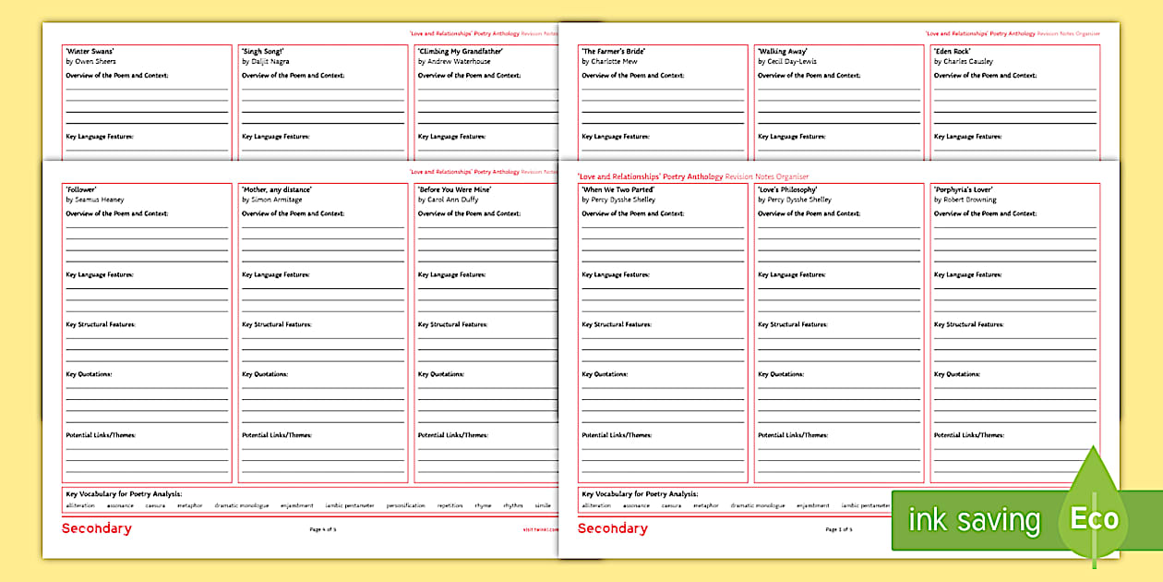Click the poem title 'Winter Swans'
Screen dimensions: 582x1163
pos(90,52)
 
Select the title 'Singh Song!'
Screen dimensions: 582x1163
pos(263,52)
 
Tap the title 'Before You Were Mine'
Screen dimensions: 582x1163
pos(454,189)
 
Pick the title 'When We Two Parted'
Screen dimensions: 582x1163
pos(617,189)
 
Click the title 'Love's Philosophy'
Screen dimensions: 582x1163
pos(787,189)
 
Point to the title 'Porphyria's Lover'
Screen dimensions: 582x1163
pos(964,189)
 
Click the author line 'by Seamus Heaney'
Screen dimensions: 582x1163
pos(94,200)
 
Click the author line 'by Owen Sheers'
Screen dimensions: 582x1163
pos(90,62)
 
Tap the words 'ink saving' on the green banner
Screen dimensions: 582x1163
pos(974,520)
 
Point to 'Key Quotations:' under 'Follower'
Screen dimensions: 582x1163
pos(89,374)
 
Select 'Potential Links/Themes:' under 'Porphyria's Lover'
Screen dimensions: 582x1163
pos(968,435)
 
